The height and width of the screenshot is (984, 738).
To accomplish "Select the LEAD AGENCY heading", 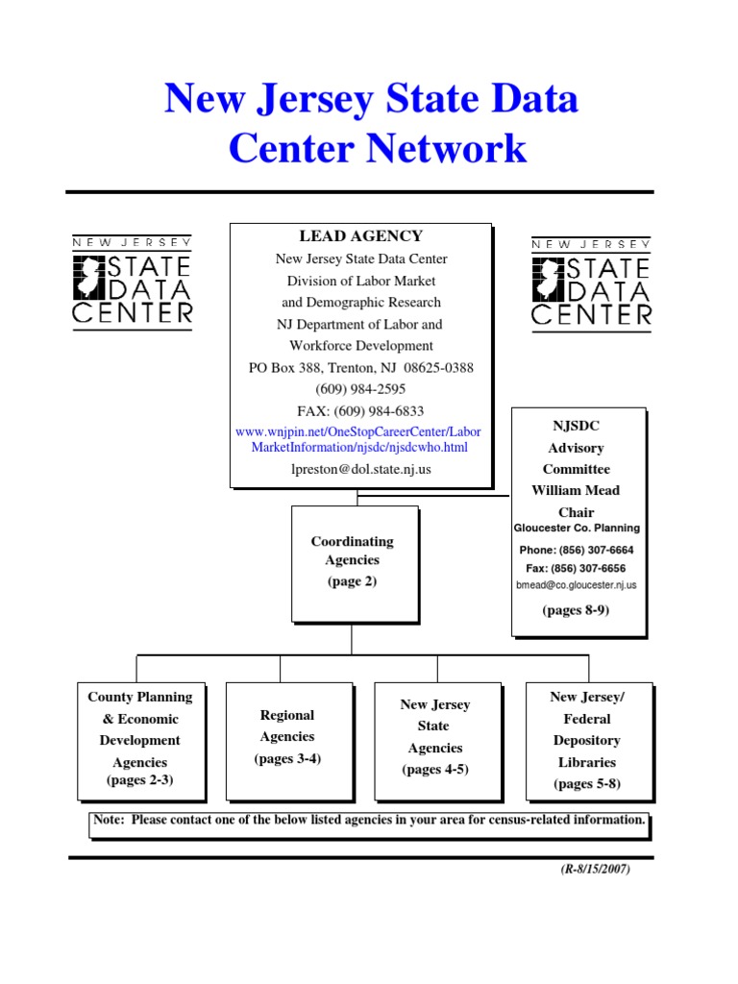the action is coord(360,236).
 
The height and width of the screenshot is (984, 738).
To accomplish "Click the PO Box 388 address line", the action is coord(360,368).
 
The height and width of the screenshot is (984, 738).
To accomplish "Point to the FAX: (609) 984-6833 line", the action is coord(360,411).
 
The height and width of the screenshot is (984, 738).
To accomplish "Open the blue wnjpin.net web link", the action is coord(358,440).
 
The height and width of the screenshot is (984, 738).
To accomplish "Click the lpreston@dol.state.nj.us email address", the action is coord(360,470).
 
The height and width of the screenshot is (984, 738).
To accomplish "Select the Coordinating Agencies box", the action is coord(353,562).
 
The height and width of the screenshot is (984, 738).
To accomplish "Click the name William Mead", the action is coord(576,490).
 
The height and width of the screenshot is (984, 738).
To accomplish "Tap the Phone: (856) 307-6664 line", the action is coord(576,551).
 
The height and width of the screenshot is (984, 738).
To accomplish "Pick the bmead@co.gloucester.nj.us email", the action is coord(576,585).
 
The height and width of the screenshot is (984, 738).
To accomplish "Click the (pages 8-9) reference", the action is coord(576,610).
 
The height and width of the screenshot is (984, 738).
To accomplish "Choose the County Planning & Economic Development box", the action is coord(140,741).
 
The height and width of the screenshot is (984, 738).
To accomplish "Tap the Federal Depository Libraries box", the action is coord(588,741).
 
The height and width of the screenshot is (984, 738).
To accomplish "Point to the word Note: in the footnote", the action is coord(110,821).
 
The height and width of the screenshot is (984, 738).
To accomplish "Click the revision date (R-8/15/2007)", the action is coord(596,870).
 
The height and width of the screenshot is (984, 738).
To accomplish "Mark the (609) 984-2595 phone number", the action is coord(360,389).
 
